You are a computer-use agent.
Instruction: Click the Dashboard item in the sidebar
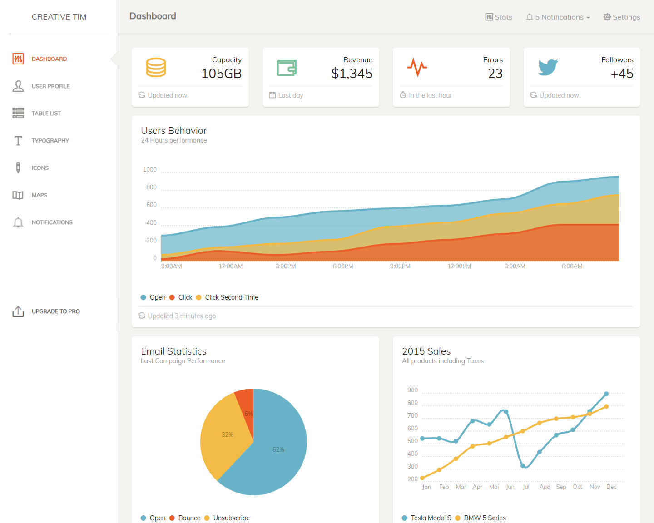click(x=49, y=59)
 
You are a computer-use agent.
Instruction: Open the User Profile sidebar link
click(x=50, y=86)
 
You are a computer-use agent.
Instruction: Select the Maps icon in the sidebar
click(x=18, y=195)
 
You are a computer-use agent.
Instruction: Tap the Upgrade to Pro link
click(x=55, y=311)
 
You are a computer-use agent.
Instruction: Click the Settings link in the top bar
click(x=622, y=17)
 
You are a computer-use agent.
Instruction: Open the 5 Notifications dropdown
click(x=558, y=17)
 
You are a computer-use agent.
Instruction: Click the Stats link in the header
click(x=499, y=17)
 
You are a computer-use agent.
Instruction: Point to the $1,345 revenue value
click(x=352, y=74)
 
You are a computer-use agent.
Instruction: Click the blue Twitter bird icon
click(x=548, y=67)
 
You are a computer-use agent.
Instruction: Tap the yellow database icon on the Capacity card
click(x=156, y=67)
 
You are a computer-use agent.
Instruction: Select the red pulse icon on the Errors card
click(x=417, y=67)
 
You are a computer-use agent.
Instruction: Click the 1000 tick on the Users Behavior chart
click(x=150, y=170)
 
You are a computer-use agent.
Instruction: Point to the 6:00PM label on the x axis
click(x=343, y=266)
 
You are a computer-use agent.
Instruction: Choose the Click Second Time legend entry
click(x=231, y=297)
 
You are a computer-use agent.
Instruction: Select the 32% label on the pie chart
click(x=228, y=435)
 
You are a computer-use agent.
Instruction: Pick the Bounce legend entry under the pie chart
click(x=189, y=518)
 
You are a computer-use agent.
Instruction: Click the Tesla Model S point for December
click(x=606, y=394)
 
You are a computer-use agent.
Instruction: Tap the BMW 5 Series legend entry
click(x=484, y=518)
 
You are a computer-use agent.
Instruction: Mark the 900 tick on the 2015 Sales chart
click(x=412, y=390)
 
